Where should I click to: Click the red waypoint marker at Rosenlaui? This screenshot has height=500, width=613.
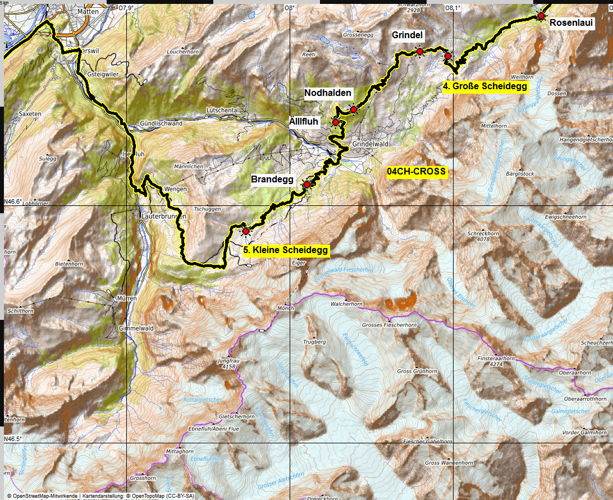(541, 16)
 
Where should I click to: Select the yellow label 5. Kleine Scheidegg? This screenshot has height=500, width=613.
(286, 250)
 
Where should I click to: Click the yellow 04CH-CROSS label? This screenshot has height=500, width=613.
(417, 172)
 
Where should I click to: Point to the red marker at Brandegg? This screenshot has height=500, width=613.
(307, 185)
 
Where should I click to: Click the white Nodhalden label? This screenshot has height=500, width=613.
(328, 93)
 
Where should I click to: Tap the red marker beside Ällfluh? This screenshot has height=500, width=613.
(336, 122)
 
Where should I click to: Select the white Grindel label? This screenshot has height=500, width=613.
(407, 35)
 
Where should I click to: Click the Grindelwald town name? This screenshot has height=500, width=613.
(370, 144)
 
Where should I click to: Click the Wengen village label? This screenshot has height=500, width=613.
(175, 190)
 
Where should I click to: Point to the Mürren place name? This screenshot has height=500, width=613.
(127, 299)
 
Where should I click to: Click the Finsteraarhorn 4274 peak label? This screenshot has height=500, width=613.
(496, 360)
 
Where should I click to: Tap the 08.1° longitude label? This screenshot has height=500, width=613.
(452, 8)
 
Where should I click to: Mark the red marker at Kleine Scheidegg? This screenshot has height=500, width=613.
(245, 231)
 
